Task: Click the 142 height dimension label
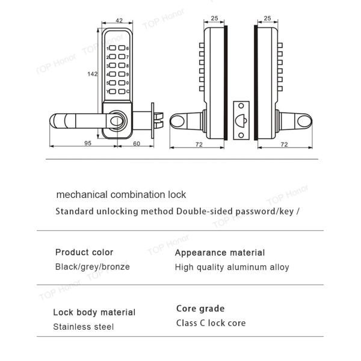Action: (x=92, y=74)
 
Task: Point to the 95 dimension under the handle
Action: (x=88, y=143)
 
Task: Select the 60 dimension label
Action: (x=136, y=143)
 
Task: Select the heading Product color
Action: (x=84, y=252)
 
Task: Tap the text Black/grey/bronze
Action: (x=92, y=267)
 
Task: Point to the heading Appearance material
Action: (x=220, y=253)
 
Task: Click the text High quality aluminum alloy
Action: (x=232, y=267)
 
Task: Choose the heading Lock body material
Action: (x=94, y=312)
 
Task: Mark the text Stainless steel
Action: (x=83, y=327)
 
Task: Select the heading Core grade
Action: (x=200, y=309)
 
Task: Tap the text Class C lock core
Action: (x=211, y=323)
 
